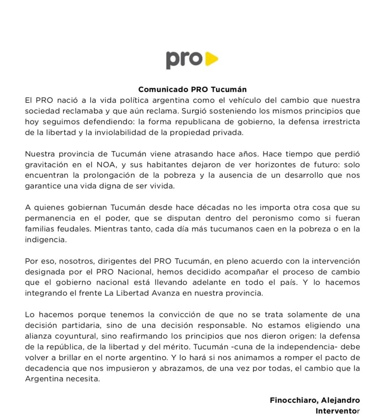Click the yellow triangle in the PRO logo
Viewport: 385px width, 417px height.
tap(212, 59)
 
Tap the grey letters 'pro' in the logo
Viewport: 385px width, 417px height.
tap(184, 60)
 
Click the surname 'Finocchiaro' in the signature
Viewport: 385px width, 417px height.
tap(293, 400)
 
